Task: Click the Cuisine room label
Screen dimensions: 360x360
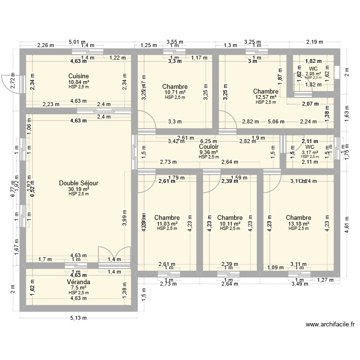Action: [78, 76]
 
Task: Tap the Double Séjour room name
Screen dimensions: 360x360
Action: [79, 183]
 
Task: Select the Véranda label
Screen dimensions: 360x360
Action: [78, 282]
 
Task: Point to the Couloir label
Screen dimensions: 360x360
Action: [209, 147]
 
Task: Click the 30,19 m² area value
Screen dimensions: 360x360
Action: [78, 189]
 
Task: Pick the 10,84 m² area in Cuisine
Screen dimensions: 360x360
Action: [78, 82]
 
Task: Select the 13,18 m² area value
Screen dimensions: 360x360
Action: [298, 224]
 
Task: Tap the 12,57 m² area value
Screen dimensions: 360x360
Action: [265, 97]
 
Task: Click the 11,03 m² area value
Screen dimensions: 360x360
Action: [167, 224]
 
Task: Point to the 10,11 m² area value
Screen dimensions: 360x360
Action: [229, 224]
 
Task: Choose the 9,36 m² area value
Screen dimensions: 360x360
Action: [209, 152]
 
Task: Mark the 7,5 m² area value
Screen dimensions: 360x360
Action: [78, 288]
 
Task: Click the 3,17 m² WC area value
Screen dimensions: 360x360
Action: [310, 153]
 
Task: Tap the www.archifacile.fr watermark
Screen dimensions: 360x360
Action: [330, 324]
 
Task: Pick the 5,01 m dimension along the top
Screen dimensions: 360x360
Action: [77, 42]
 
